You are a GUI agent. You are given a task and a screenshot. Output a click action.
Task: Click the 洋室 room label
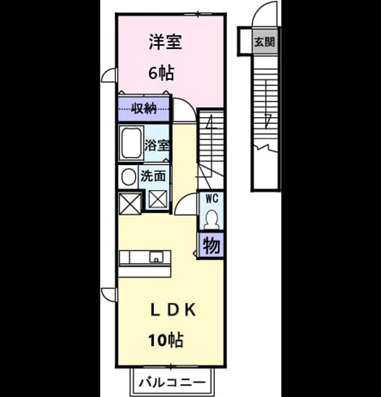click(165, 42)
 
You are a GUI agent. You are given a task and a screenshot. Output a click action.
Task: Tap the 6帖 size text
click(161, 73)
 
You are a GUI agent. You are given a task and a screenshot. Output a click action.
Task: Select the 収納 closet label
click(143, 109)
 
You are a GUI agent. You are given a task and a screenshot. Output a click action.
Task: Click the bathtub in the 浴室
click(131, 143)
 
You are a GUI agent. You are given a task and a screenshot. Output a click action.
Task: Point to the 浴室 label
click(157, 145)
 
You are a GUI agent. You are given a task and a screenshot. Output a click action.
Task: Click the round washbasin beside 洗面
click(128, 176)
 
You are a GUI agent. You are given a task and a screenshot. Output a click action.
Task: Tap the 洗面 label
click(153, 176)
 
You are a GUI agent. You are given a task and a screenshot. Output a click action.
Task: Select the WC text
click(212, 198)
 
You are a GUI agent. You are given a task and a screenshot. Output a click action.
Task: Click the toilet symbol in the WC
click(212, 220)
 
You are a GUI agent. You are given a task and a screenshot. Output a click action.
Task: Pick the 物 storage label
click(211, 246)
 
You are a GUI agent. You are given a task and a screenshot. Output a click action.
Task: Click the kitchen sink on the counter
click(156, 257)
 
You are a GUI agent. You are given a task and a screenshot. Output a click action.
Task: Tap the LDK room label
click(173, 310)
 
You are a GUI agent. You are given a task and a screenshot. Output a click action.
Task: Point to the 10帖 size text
click(166, 340)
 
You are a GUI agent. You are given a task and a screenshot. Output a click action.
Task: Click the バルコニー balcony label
click(172, 382)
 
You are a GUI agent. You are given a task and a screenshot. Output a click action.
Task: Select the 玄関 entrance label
click(264, 42)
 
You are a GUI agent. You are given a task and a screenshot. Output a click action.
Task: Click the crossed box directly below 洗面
click(158, 198)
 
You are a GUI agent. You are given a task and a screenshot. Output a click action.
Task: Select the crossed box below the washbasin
click(130, 203)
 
